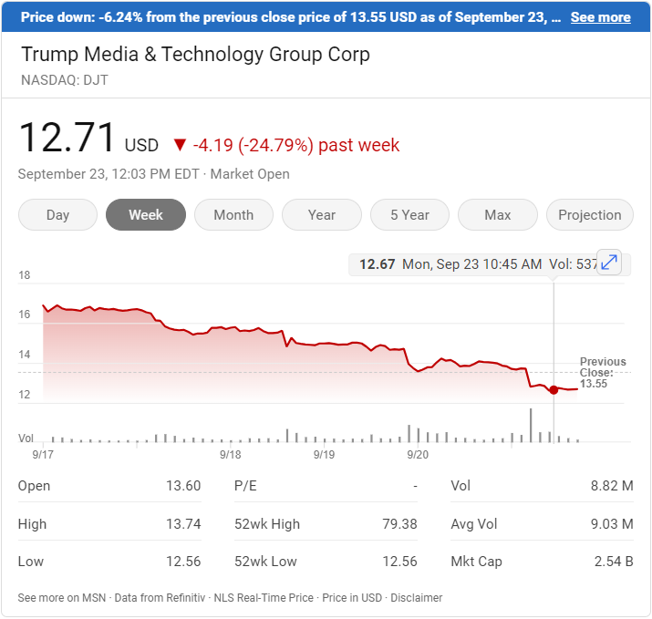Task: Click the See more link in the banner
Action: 600,17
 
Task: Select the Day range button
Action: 57,215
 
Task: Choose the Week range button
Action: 146,215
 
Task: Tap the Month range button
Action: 233,215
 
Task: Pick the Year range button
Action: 322,215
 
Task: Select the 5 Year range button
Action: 409,215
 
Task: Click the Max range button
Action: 498,215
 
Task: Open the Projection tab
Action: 589,215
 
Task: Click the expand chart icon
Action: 609,263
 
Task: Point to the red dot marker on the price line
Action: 554,390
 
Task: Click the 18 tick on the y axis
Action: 25,275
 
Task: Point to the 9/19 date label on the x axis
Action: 324,453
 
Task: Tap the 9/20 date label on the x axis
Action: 418,453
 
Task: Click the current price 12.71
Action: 67,139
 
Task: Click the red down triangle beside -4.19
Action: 180,145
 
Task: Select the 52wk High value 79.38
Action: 399,524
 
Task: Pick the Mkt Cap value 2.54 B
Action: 613,562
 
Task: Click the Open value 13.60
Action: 183,486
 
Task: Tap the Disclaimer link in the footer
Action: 417,598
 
